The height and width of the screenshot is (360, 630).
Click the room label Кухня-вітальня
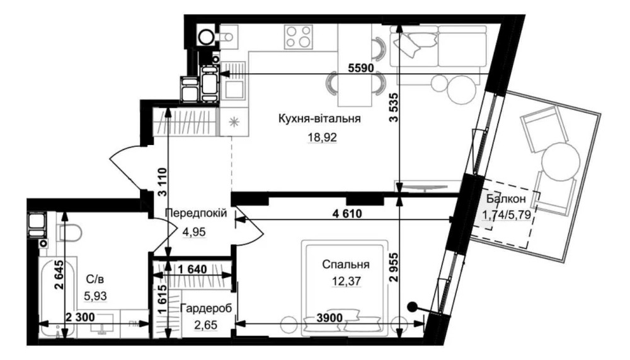(319, 119)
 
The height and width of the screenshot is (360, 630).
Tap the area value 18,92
(322, 138)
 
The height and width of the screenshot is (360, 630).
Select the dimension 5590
(361, 68)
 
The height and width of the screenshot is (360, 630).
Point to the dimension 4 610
(346, 214)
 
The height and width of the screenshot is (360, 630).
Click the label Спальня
(345, 265)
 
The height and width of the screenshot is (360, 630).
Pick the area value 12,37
(346, 281)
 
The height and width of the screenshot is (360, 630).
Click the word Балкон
(506, 199)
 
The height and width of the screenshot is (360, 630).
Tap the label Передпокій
(196, 212)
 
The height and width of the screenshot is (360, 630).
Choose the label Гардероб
(206, 309)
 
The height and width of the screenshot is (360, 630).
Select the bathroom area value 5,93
(96, 296)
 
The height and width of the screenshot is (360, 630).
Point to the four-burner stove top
(298, 37)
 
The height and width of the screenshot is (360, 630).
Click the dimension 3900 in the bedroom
(329, 318)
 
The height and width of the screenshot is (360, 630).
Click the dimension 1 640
(192, 269)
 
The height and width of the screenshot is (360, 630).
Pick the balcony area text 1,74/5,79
(507, 215)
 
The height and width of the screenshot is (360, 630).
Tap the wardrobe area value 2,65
(206, 325)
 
